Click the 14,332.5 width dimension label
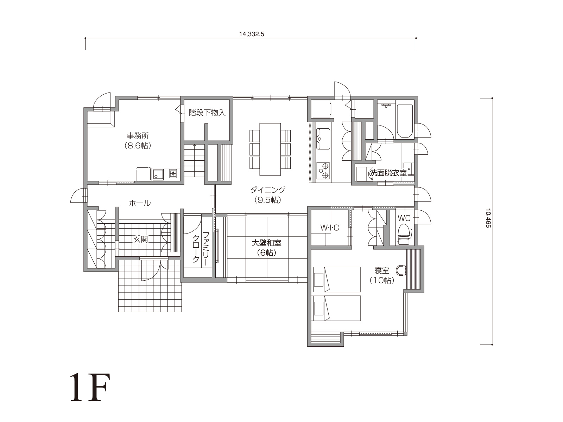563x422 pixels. (251, 34)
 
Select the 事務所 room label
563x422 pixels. (138, 135)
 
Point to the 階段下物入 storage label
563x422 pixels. (207, 113)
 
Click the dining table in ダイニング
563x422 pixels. (270, 149)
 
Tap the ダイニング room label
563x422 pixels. (268, 190)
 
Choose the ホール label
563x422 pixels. (140, 203)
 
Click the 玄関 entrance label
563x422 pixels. (140, 239)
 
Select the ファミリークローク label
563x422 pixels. (201, 247)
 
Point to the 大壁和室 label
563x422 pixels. (266, 243)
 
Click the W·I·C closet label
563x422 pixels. (330, 228)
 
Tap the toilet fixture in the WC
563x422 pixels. (405, 234)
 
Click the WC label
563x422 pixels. (404, 218)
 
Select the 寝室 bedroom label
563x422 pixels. (382, 270)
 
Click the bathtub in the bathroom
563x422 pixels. (405, 121)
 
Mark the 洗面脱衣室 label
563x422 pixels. (388, 173)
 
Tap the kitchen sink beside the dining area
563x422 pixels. (323, 139)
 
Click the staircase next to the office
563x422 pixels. (194, 161)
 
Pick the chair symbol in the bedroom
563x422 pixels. (401, 270)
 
